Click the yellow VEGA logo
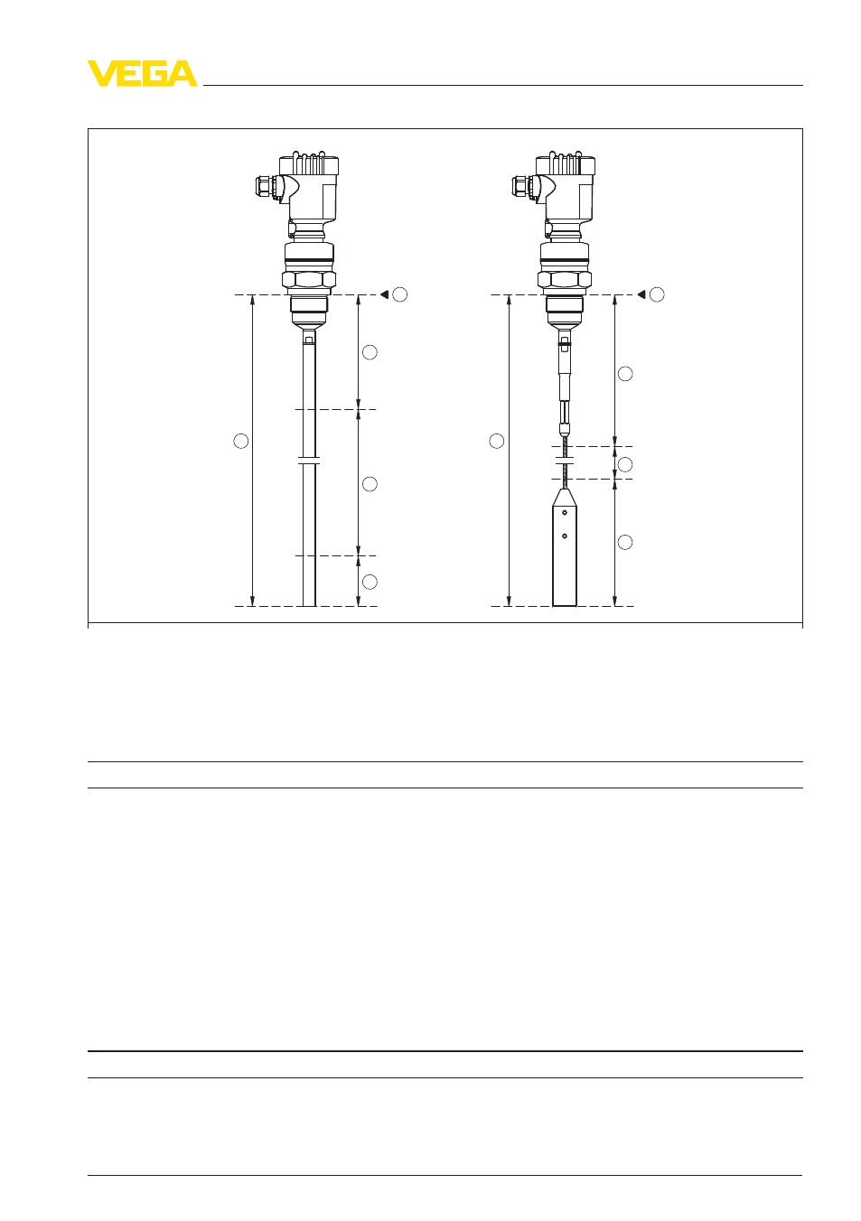[143, 73]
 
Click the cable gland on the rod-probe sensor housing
[267, 186]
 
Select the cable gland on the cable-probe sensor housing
[523, 186]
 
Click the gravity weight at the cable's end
[565, 547]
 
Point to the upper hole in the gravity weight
[565, 512]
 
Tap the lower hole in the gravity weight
[565, 536]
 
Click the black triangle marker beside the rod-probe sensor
[385, 294]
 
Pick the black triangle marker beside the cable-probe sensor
[641, 294]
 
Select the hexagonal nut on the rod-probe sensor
[309, 280]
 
